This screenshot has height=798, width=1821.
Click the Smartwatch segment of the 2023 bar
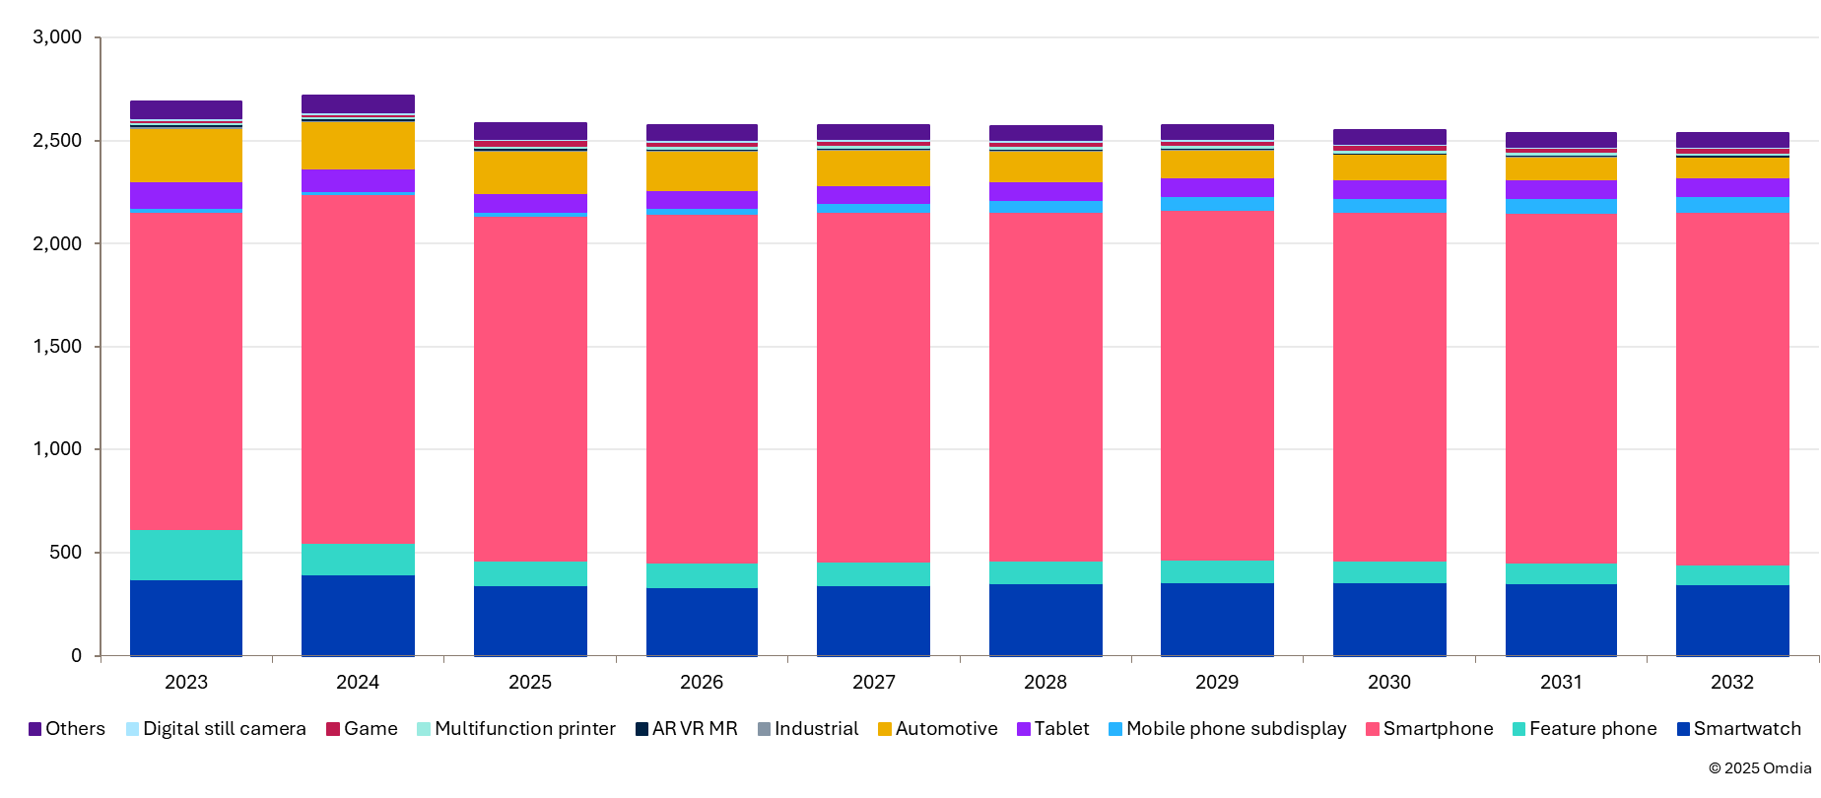(x=186, y=617)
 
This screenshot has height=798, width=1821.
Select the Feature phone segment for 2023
(x=186, y=555)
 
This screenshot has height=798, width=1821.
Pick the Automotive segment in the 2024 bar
(x=358, y=146)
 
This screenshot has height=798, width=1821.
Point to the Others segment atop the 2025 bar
(x=530, y=131)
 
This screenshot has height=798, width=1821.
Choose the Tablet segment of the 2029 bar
(x=1217, y=187)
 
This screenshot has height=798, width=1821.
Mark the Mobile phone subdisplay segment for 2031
(x=1561, y=206)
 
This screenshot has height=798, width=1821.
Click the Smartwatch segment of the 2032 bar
(x=1732, y=620)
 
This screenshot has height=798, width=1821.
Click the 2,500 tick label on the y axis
(x=57, y=141)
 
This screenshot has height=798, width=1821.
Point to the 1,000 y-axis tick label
(x=57, y=449)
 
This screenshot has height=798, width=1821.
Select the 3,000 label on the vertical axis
(x=57, y=37)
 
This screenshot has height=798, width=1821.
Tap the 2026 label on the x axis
(x=702, y=682)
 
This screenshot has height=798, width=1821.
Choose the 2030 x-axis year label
(x=1389, y=682)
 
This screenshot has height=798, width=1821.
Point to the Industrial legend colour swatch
(x=764, y=729)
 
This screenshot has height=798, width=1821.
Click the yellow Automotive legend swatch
(x=885, y=729)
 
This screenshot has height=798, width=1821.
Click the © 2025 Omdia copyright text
(x=1760, y=768)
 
